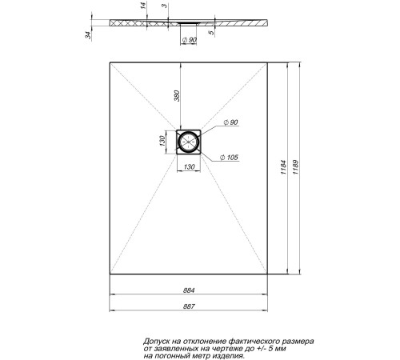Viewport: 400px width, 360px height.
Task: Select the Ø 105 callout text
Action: (x=229, y=158)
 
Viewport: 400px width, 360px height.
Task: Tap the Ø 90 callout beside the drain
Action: (x=229, y=122)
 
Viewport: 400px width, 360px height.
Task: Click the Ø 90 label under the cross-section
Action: (x=190, y=41)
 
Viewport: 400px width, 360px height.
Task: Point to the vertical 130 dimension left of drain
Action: (x=162, y=142)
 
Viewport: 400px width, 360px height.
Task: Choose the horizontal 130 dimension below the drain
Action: (x=190, y=166)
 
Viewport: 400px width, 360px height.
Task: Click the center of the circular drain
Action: (x=190, y=142)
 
